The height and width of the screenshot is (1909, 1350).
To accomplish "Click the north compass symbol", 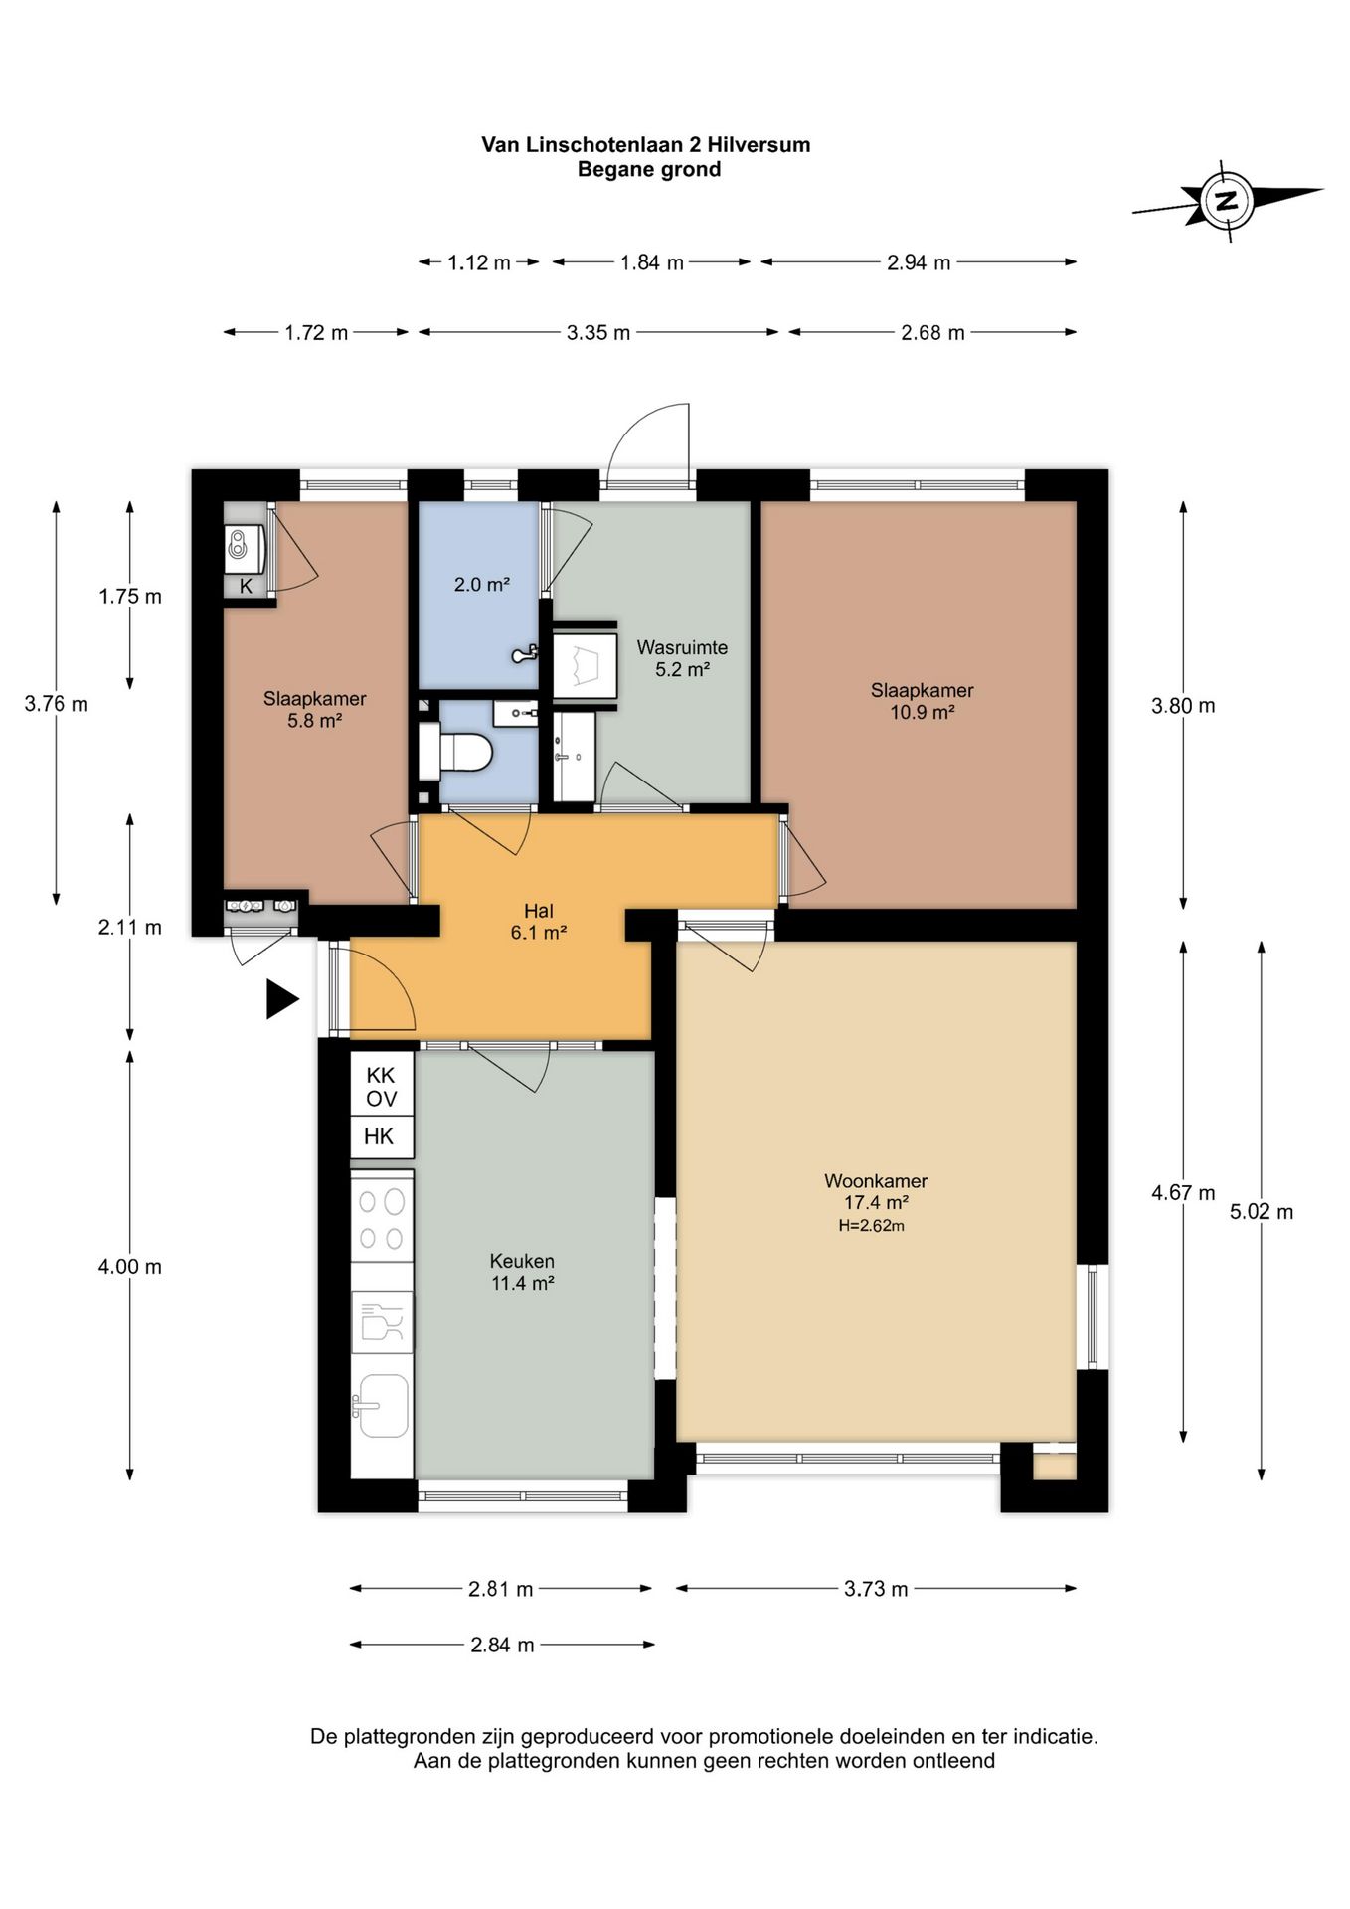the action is click(x=1228, y=200).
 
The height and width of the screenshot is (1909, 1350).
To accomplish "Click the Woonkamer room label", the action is click(x=876, y=1181).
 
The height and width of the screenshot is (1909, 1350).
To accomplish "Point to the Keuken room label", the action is click(x=522, y=1261).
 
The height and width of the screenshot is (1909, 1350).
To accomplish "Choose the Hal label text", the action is click(x=539, y=911).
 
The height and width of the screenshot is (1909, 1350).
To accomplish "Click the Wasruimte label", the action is click(x=682, y=647).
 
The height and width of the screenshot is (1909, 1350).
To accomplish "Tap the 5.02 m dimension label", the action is click(x=1262, y=1211).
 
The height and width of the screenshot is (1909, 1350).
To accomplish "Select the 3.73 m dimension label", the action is click(x=876, y=1589).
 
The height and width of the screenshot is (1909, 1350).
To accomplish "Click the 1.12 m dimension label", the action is click(x=479, y=262).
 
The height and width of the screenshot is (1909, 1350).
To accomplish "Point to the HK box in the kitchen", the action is click(x=379, y=1136).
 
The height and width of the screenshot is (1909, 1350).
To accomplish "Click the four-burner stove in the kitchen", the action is click(x=382, y=1219).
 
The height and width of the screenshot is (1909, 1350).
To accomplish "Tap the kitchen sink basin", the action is click(x=383, y=1405).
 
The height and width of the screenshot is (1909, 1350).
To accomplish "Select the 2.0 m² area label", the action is click(x=482, y=585).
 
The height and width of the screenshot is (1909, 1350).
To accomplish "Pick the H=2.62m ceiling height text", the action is click(x=872, y=1226).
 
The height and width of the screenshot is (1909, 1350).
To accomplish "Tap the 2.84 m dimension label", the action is click(x=503, y=1645).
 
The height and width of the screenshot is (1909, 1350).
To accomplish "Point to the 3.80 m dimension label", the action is click(x=1183, y=706).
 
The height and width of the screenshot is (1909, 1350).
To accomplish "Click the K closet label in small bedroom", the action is click(x=247, y=586).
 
